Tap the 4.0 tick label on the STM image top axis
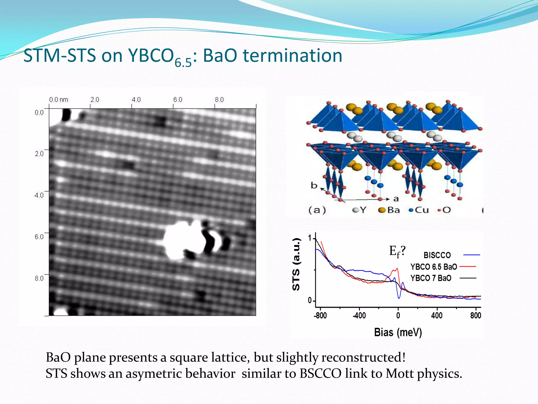pyautogui.click(x=136, y=100)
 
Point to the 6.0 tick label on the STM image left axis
pyautogui.click(x=39, y=237)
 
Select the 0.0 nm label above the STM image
pyautogui.click(x=59, y=100)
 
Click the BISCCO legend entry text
pyautogui.click(x=437, y=255)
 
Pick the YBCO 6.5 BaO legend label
pyautogui.click(x=434, y=267)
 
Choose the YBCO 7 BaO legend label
pyautogui.click(x=431, y=278)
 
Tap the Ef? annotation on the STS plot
pyautogui.click(x=397, y=251)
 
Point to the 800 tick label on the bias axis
pyautogui.click(x=475, y=315)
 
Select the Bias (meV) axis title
pyautogui.click(x=398, y=332)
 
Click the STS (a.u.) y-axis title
pyautogui.click(x=296, y=264)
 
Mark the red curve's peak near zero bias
pyautogui.click(x=397, y=269)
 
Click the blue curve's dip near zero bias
pyautogui.click(x=399, y=298)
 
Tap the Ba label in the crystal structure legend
pyautogui.click(x=393, y=210)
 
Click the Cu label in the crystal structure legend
pyautogui.click(x=422, y=210)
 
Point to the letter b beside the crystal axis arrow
pyautogui.click(x=314, y=185)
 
